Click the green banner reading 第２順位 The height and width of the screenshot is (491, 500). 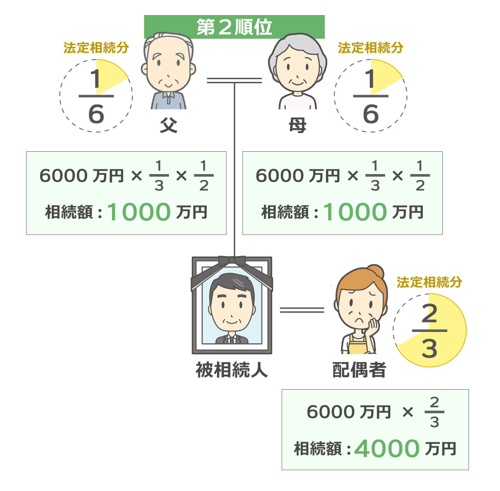point(234,27)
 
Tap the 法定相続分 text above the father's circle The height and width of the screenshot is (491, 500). point(96,48)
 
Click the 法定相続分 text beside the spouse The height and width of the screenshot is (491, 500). point(429,282)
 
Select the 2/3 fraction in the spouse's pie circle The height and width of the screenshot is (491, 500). point(429,331)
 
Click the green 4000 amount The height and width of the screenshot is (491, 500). point(387,448)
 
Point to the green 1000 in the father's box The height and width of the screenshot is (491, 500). point(139,212)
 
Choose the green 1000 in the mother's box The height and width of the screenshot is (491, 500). point(355,212)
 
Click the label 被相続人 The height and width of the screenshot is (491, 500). point(232,370)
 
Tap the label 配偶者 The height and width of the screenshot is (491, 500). point(359,370)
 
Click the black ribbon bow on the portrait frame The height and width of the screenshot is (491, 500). point(232,261)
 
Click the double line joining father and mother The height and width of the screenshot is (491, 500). point(234,80)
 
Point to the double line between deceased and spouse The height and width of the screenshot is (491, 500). point(302,310)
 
